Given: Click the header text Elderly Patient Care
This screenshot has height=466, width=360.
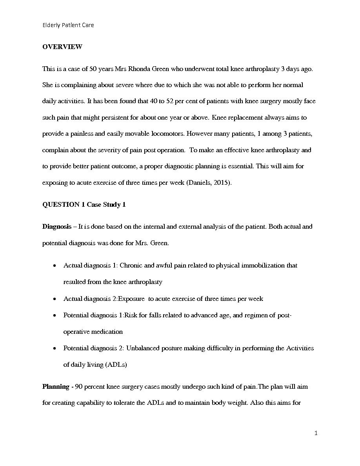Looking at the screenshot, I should coord(68,25).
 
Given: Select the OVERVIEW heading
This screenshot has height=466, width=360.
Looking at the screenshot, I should coord(62,47).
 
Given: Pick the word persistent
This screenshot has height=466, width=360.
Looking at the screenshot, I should coord(121,117).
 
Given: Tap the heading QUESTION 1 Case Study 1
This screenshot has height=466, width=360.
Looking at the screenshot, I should coord(84,204).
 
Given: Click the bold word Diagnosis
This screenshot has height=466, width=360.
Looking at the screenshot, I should coord(57,226).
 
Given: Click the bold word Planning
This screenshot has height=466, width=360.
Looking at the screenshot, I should coord(56,386).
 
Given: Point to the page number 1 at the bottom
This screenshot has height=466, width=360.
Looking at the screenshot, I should coord(316,433).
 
